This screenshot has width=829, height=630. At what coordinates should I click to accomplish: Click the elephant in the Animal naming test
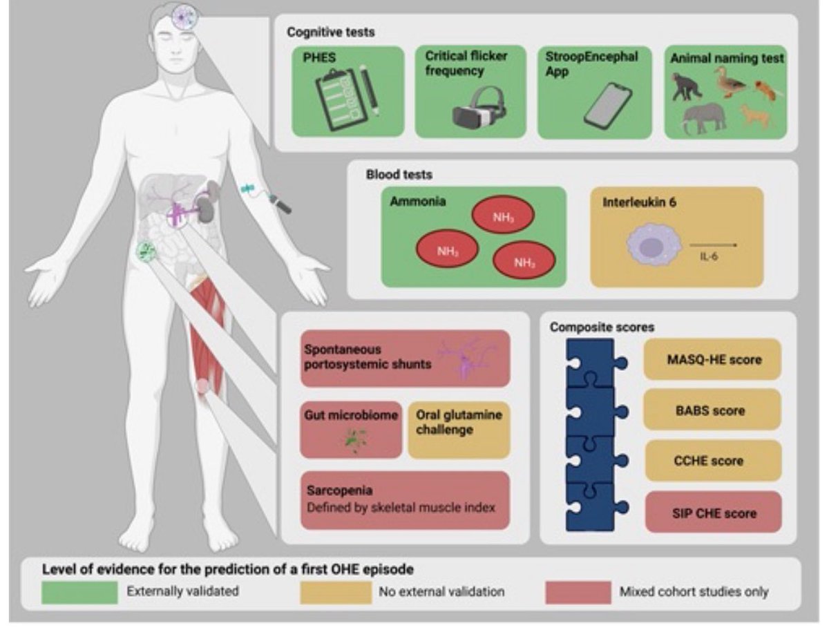[705, 117]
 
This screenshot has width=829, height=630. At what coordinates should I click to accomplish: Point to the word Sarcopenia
[341, 490]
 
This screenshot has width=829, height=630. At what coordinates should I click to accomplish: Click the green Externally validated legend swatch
[79, 592]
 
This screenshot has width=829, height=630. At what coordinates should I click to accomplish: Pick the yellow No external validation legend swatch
[336, 592]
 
